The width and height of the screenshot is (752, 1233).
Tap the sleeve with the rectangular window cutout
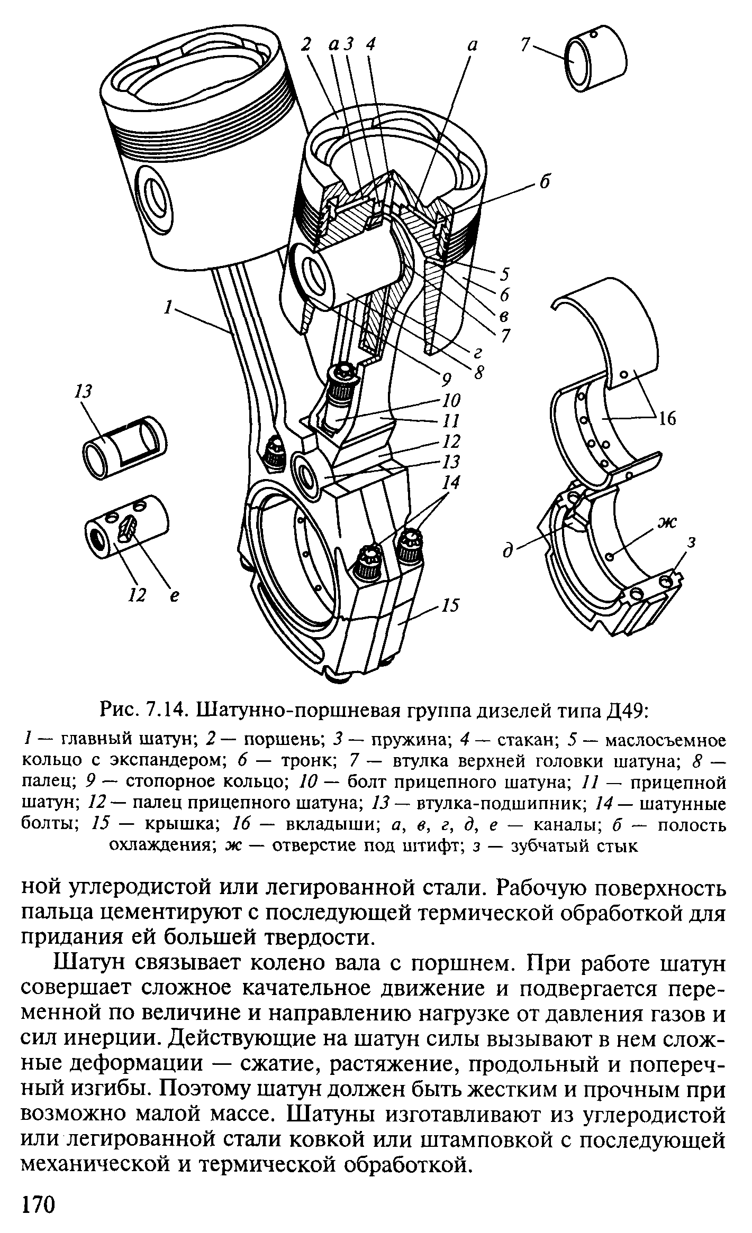point(125,440)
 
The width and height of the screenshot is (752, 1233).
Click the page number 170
point(38,1203)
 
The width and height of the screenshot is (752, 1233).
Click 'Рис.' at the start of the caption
point(117,712)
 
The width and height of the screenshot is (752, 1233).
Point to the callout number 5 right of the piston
point(504,275)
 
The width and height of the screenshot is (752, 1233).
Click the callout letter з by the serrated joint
point(692,542)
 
